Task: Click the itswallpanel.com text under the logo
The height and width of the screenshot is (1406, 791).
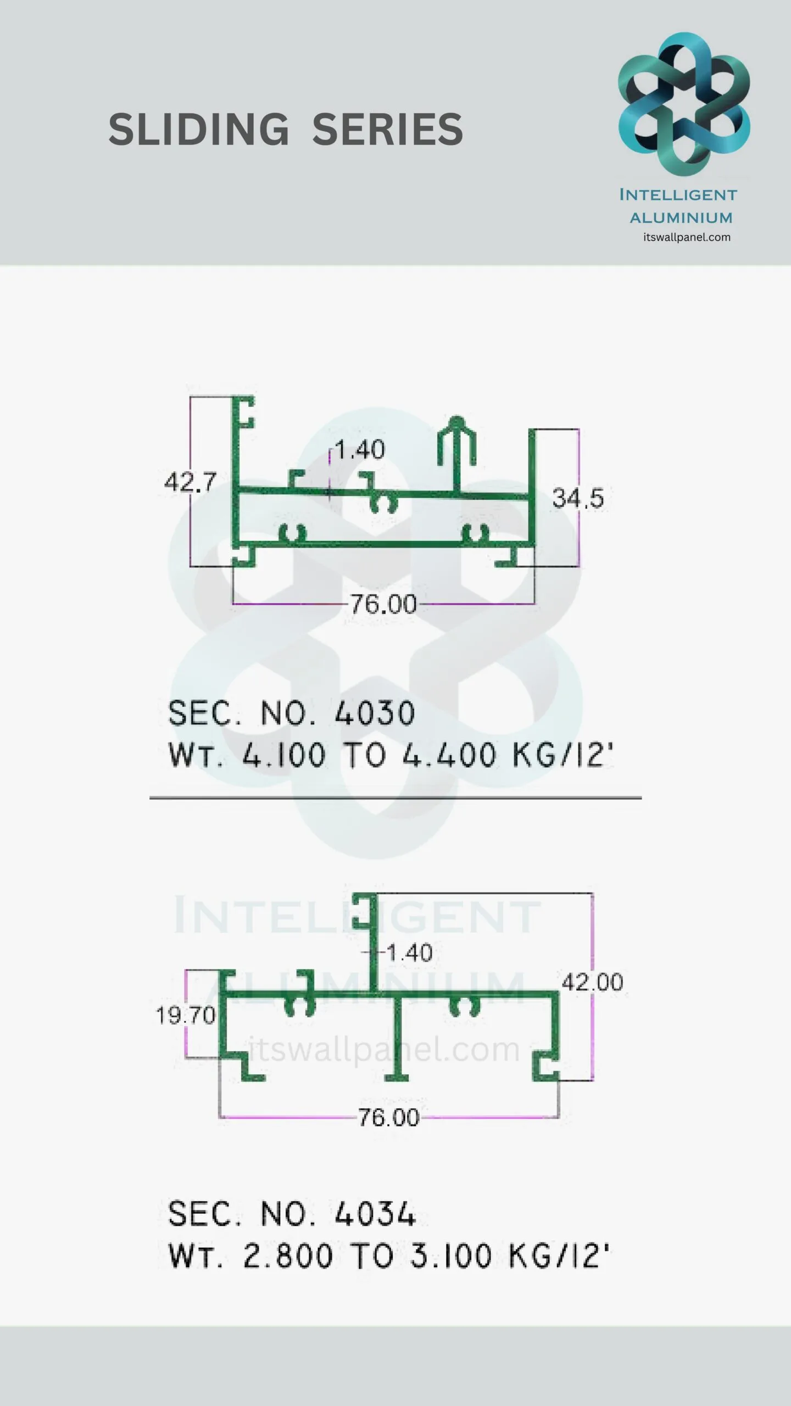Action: [687, 237]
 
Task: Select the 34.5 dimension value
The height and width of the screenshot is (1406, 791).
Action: [578, 499]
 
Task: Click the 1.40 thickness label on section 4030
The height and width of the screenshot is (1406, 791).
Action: [360, 450]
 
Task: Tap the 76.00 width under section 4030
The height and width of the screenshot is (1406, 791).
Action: [383, 605]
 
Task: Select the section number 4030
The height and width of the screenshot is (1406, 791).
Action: [375, 713]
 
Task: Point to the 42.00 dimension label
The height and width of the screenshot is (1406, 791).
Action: [593, 982]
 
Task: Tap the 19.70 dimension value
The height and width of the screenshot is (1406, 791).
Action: [186, 1016]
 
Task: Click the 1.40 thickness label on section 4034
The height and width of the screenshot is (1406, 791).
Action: [409, 953]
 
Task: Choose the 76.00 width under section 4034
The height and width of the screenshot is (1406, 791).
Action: [389, 1117]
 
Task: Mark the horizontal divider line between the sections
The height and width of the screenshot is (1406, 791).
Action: [396, 797]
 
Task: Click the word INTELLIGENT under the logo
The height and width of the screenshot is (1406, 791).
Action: [678, 195]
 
